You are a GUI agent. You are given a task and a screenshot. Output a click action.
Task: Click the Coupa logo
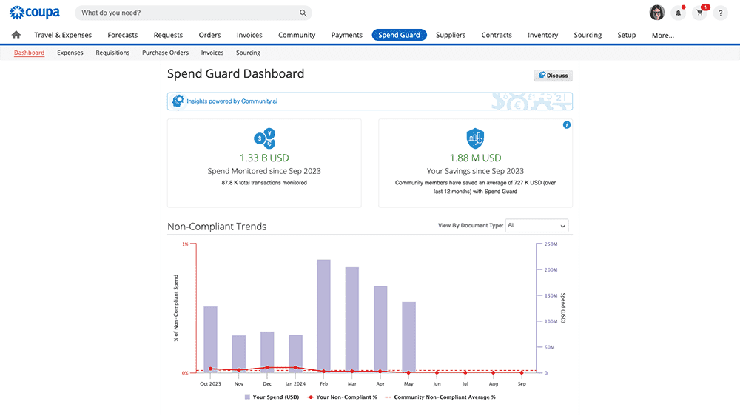coord(35,13)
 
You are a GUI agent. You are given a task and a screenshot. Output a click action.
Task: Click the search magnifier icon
coord(303,13)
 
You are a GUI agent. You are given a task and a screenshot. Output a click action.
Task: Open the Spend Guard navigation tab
coord(399,35)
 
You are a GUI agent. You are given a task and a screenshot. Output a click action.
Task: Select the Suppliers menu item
coord(451,35)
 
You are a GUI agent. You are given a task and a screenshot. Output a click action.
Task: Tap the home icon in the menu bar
coord(16,35)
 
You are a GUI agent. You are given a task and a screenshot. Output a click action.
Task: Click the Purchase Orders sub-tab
coord(165,53)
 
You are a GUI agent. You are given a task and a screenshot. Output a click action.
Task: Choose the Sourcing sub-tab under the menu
coord(248,53)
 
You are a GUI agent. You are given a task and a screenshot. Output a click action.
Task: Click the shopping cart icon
coord(699,13)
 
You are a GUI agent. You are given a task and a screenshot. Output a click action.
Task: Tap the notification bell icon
coord(678,13)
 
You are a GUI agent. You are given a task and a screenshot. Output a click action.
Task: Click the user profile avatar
coord(656,13)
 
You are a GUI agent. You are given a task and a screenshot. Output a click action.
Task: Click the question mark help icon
coord(721,13)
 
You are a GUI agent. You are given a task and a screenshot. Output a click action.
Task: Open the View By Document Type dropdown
coord(537,226)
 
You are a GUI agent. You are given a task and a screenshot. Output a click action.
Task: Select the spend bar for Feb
coord(323,315)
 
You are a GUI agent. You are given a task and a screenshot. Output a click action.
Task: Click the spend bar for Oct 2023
coord(210,339)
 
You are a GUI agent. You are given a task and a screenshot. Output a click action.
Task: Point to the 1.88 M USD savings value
coord(475,158)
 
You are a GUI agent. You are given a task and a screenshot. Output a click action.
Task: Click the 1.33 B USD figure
coord(264,158)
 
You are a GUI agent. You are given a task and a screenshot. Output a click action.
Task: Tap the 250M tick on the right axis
coord(550,244)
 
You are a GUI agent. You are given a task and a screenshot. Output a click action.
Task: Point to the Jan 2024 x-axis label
coord(295,384)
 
